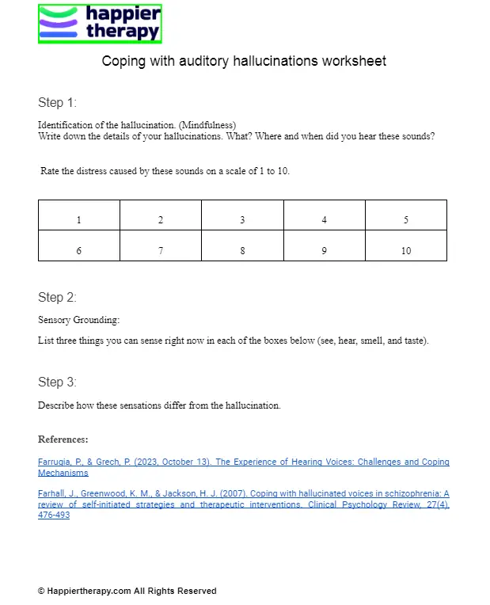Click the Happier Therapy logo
point(100,24)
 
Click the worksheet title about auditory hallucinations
point(244,61)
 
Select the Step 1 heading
point(57,103)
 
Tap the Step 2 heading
point(57,298)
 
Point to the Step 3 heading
point(57,382)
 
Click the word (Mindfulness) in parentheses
point(207,125)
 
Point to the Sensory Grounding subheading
point(78,320)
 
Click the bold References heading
point(63,439)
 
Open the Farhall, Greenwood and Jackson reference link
point(243,504)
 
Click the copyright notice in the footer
point(127,591)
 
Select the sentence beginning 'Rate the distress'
point(165,171)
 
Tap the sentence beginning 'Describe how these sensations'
point(159,405)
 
